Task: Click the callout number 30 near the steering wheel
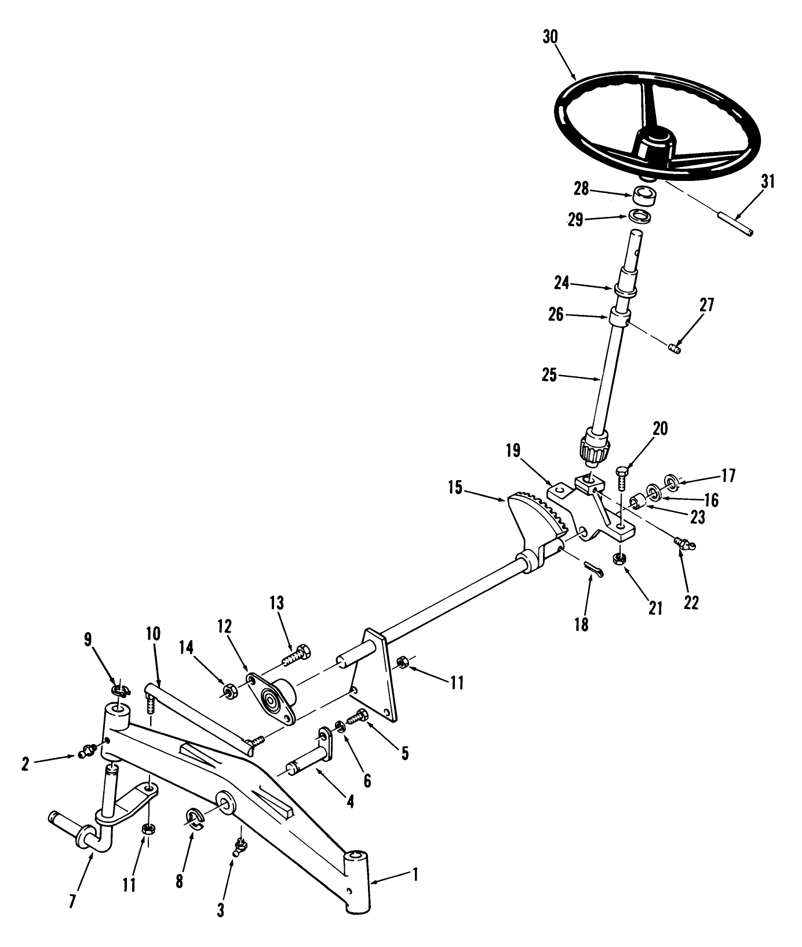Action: (550, 37)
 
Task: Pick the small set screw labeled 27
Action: (675, 349)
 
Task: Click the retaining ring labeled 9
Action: (121, 690)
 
